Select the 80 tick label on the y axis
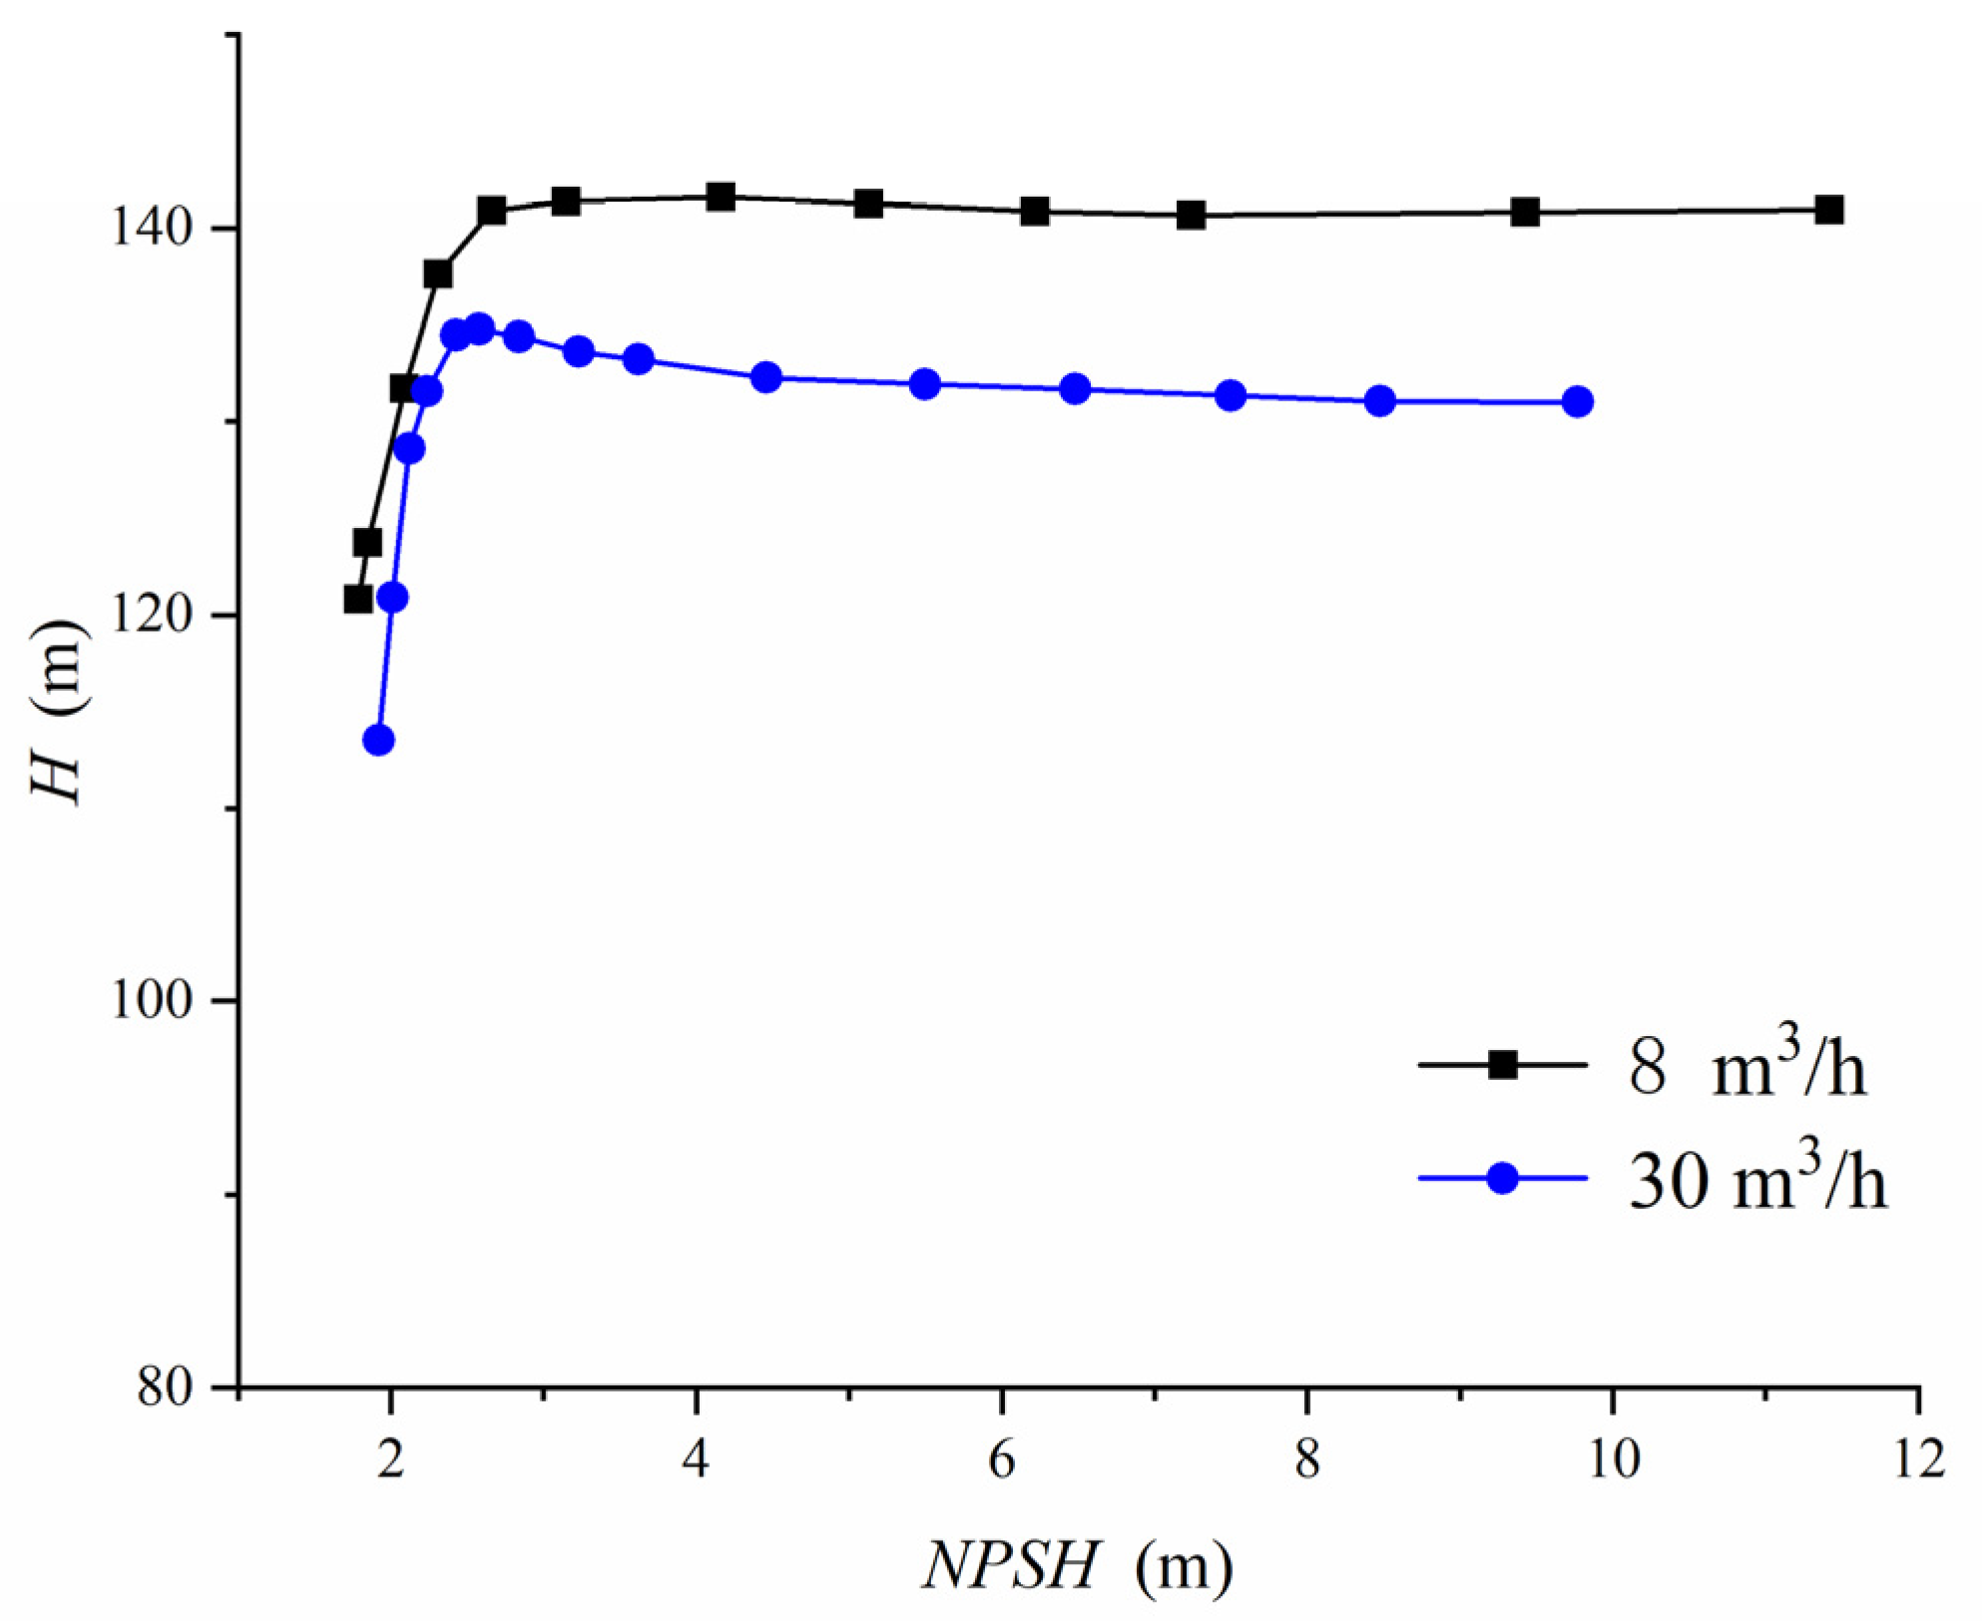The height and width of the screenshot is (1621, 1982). [165, 1386]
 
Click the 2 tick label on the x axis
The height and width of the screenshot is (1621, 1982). [390, 1460]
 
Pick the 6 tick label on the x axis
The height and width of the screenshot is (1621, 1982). [1001, 1460]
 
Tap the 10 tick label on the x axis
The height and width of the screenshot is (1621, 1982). [1612, 1460]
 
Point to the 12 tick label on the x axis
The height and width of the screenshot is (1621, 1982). [1918, 1460]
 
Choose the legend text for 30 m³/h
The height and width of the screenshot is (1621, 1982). [1757, 1180]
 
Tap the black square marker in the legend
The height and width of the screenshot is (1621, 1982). [1503, 1065]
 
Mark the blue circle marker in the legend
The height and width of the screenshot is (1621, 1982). [1503, 1179]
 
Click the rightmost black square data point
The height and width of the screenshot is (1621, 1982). [1828, 210]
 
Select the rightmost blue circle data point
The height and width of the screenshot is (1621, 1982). [1578, 402]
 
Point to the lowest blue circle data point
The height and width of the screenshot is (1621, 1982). [378, 741]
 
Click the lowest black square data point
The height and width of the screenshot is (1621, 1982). [358, 599]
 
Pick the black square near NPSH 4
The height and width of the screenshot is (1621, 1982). [721, 197]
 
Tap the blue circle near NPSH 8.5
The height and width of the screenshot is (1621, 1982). [1380, 401]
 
